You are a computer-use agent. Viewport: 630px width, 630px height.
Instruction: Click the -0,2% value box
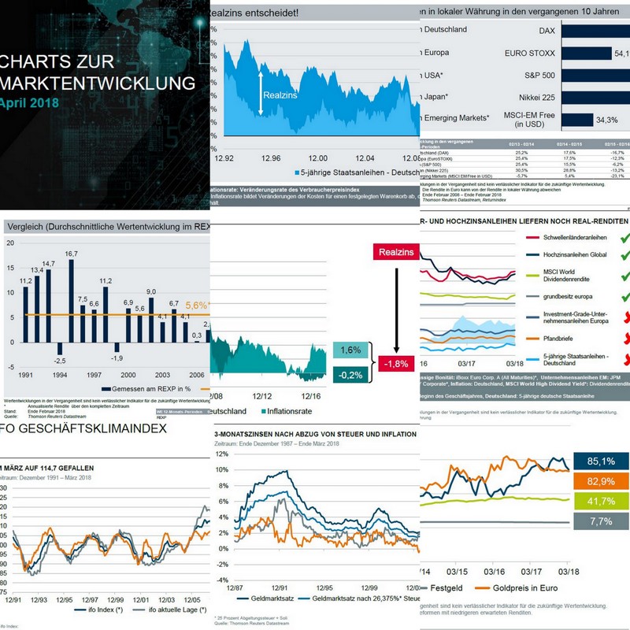[351, 376]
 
